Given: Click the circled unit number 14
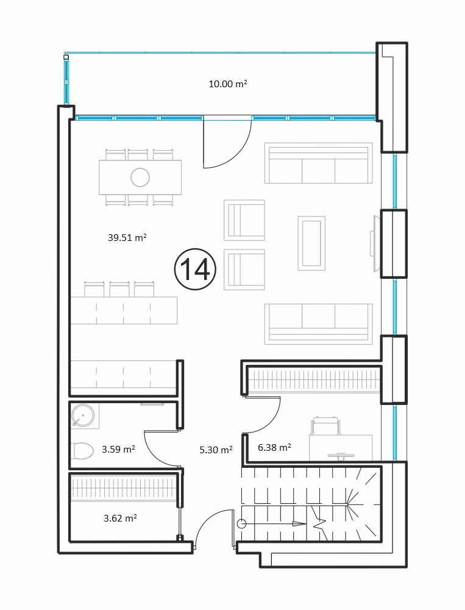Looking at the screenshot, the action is (x=195, y=269).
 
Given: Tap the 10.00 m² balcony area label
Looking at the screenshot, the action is (x=228, y=84).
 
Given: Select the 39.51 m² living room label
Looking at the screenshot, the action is (x=127, y=237).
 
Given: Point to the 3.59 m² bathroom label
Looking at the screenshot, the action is (x=119, y=450).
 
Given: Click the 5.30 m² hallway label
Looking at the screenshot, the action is (x=216, y=450).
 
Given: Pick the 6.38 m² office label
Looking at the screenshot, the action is (x=274, y=447).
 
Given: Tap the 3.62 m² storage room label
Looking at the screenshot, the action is (x=120, y=518).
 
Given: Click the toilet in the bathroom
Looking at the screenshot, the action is (x=83, y=451).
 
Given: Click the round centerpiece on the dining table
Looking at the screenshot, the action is (x=140, y=178).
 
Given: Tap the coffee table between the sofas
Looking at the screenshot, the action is (x=311, y=243).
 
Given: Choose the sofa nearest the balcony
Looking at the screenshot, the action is (x=318, y=163).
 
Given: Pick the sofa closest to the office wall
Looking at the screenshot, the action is (x=318, y=324).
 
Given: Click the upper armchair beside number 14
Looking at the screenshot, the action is (x=244, y=220).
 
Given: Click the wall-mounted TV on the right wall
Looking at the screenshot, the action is (x=375, y=243).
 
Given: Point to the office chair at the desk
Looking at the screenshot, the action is (x=325, y=426).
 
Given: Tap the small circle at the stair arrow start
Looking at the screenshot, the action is (x=242, y=523).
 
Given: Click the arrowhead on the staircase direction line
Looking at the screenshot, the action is (x=299, y=523).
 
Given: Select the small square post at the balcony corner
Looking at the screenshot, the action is (x=66, y=57).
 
